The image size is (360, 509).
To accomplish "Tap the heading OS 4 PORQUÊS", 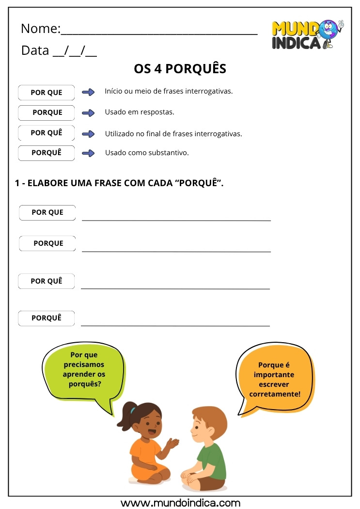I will coord(180,69).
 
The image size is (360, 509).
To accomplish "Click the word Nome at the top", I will coord(39,29).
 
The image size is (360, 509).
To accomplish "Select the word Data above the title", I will coord(35,50).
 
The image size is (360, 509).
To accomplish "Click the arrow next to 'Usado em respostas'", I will coord(88,113).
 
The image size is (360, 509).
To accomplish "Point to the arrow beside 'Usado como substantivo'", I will coord(88,153).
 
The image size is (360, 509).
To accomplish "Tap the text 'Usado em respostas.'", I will coord(140,112).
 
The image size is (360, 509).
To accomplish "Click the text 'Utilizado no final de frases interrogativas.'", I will coord(173,133).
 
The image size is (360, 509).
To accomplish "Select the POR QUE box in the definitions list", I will coord(47,93).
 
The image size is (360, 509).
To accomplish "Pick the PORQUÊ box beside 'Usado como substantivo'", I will coord(47,153).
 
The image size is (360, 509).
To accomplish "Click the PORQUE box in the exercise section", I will coord(47,243).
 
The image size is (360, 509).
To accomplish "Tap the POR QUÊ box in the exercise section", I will coord(47,281).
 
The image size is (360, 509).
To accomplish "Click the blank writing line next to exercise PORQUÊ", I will coord(175,325).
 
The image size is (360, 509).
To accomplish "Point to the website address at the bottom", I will coord(180,503).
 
